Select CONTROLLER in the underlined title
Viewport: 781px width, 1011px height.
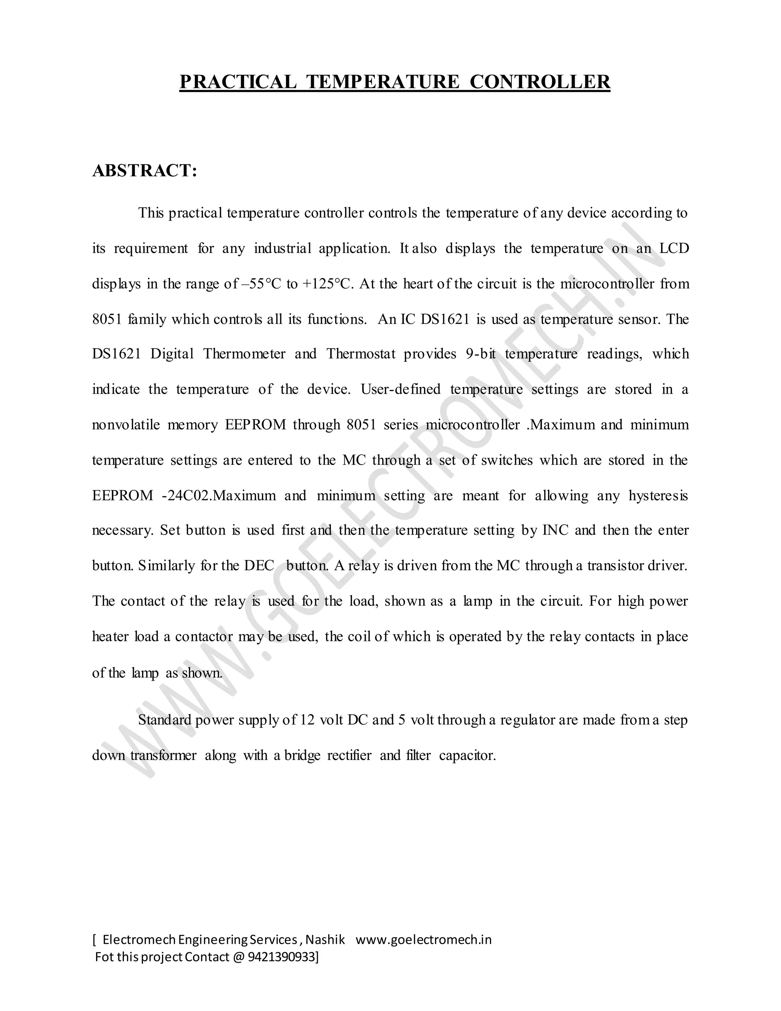coord(540,82)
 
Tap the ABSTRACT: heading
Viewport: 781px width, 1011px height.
coord(145,171)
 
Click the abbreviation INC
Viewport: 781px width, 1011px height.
coord(555,531)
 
